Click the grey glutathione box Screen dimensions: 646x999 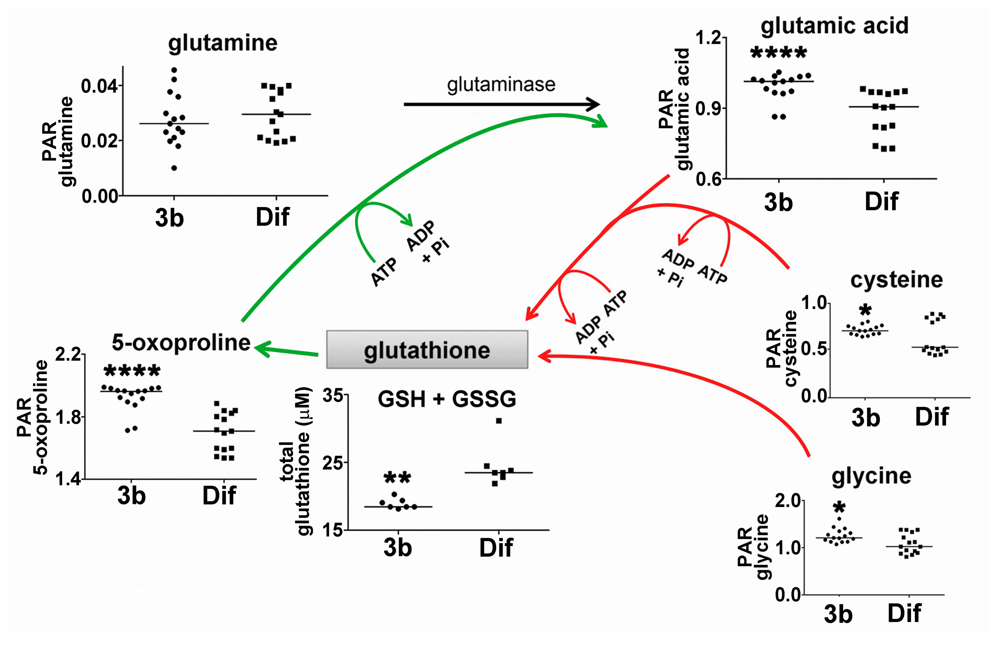427,350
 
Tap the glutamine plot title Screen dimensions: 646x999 222,43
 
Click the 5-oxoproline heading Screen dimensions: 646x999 181,343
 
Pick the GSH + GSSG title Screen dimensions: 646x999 447,399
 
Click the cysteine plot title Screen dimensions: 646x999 896,280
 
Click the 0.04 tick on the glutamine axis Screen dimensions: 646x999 99,86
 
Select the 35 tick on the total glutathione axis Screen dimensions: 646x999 333,395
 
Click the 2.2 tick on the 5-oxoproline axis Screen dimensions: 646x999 68,355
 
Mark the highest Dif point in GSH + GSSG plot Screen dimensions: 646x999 499,421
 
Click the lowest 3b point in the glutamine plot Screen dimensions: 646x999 174,168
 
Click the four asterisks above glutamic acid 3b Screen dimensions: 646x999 778,53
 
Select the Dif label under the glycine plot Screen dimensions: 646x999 904,614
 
